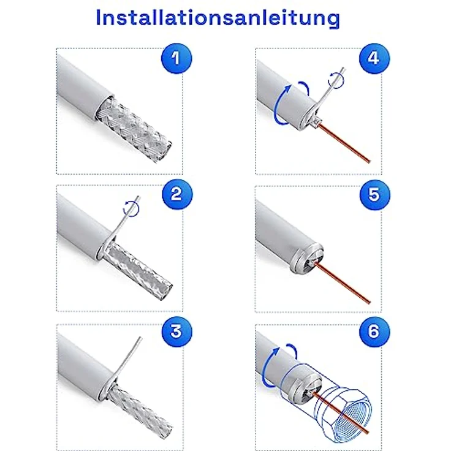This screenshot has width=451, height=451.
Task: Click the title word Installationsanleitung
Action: (218, 18)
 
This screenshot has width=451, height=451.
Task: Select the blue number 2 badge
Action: (176, 195)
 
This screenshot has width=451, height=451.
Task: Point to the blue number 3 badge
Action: (176, 332)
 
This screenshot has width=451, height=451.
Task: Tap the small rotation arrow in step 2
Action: (131, 208)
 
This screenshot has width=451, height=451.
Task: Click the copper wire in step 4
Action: (349, 144)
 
